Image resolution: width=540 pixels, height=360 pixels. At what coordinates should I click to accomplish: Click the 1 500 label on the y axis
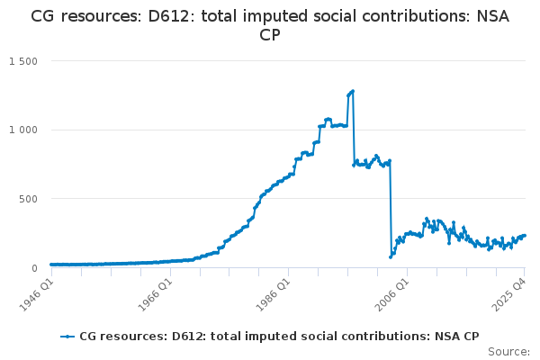(23, 61)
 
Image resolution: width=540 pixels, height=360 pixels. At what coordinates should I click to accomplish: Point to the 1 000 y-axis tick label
(23, 130)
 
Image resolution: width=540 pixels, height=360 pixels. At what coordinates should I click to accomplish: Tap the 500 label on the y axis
(28, 199)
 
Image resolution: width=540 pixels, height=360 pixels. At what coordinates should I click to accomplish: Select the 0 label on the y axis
(34, 268)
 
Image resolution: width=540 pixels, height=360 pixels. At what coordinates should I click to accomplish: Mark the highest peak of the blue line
(353, 91)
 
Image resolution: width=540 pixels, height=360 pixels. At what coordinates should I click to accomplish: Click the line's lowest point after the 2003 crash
(391, 257)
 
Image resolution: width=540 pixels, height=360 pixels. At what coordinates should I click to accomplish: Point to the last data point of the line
(525, 236)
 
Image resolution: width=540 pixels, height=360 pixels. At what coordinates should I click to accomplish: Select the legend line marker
(67, 337)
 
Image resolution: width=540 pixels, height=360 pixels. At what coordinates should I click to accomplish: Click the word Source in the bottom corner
(508, 352)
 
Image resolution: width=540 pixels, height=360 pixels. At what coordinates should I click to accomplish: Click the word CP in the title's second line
(270, 35)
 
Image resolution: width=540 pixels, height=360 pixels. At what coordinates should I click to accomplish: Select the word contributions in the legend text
(361, 337)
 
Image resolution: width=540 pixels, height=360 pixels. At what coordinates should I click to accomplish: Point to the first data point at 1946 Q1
(51, 265)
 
